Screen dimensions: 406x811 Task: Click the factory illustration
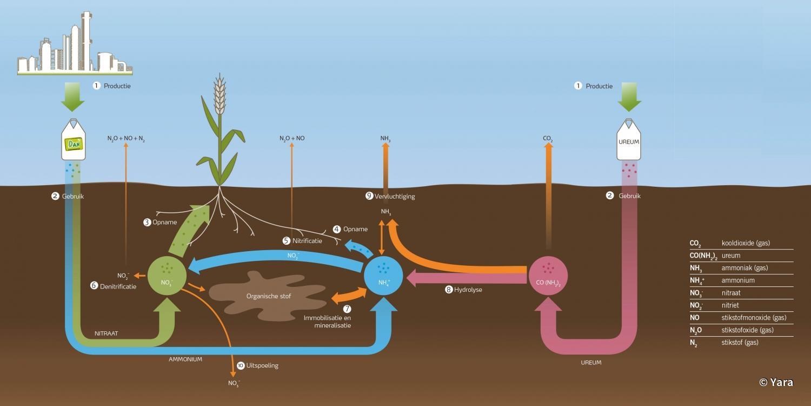click(75, 46)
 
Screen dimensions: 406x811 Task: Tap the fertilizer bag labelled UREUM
click(629, 141)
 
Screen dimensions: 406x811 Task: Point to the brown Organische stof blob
click(265, 295)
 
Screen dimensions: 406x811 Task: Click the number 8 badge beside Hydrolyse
click(449, 290)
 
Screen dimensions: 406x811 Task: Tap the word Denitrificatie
click(118, 286)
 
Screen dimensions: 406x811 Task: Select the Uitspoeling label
click(262, 365)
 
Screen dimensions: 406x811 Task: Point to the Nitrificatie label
click(307, 240)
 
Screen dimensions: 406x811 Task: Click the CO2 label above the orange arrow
click(548, 139)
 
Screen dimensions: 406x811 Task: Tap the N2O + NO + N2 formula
click(126, 139)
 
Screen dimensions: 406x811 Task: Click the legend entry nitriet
click(730, 305)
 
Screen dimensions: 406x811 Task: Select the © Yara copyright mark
click(776, 382)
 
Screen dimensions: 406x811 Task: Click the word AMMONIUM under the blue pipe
click(185, 359)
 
